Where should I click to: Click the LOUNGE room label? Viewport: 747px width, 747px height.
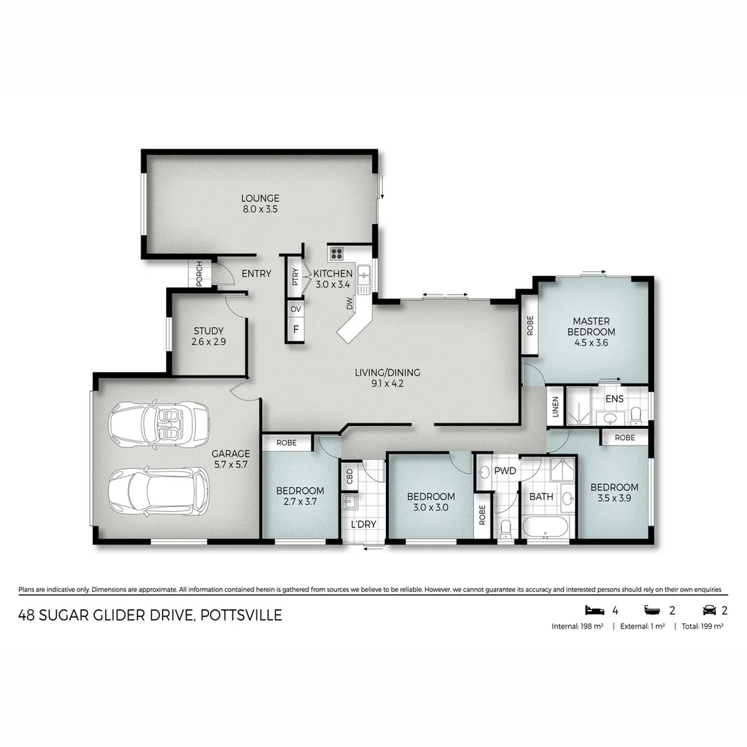click(260, 198)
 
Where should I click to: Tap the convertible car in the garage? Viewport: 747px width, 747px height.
click(160, 424)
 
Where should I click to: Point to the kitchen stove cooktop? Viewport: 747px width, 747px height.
click(337, 253)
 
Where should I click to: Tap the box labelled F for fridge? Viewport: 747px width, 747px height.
click(295, 329)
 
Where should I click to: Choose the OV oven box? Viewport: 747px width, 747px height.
click(295, 308)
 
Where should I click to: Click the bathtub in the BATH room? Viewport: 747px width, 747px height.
click(545, 527)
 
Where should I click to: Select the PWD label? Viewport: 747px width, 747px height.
click(506, 471)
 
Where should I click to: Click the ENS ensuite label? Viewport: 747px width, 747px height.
click(614, 399)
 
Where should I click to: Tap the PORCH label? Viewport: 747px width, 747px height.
click(199, 274)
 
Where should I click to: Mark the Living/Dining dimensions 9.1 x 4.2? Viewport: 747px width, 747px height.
click(387, 384)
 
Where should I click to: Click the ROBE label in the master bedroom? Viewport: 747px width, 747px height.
click(529, 324)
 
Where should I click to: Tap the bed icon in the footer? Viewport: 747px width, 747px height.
click(594, 610)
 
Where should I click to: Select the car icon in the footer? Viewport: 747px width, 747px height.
click(709, 610)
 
